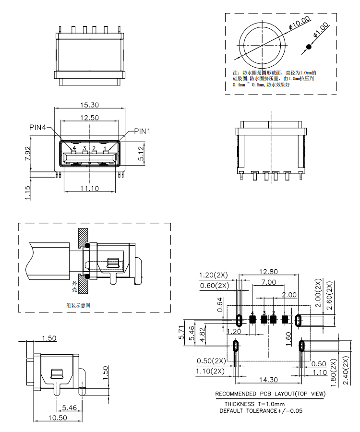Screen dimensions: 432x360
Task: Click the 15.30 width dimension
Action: [89, 105]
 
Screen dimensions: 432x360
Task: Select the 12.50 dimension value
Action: [89, 118]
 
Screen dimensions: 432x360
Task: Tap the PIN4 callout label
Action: [38, 128]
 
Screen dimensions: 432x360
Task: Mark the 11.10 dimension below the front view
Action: [89, 189]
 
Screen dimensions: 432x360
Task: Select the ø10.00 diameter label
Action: [300, 23]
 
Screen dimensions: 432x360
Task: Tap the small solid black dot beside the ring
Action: [309, 47]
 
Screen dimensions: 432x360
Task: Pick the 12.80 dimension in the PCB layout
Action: [269, 272]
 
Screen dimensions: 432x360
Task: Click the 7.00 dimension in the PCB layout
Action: [269, 282]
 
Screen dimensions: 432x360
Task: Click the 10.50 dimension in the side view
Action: [58, 418]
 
